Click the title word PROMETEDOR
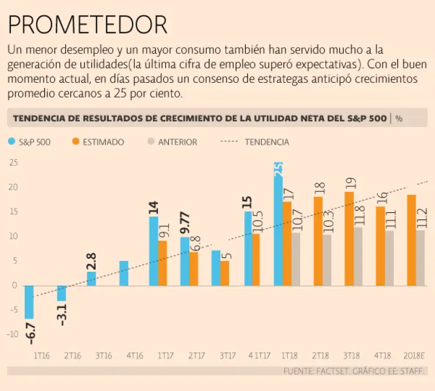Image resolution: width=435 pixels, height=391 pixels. (x=88, y=25)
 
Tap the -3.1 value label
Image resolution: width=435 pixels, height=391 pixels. (x=62, y=314)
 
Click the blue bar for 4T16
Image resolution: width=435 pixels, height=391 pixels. (x=124, y=273)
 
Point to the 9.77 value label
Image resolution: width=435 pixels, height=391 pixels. (x=185, y=223)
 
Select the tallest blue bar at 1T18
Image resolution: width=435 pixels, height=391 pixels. (x=278, y=227)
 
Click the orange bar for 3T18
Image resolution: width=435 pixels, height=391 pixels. (x=349, y=238)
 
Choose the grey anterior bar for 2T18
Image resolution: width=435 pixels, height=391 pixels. (x=327, y=259)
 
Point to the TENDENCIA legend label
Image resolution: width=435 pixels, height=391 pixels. (x=267, y=142)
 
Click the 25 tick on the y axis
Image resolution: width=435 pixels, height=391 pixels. (x=14, y=163)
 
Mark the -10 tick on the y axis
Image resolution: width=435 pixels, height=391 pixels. (x=12, y=334)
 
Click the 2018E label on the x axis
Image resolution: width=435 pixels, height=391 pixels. (x=415, y=356)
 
